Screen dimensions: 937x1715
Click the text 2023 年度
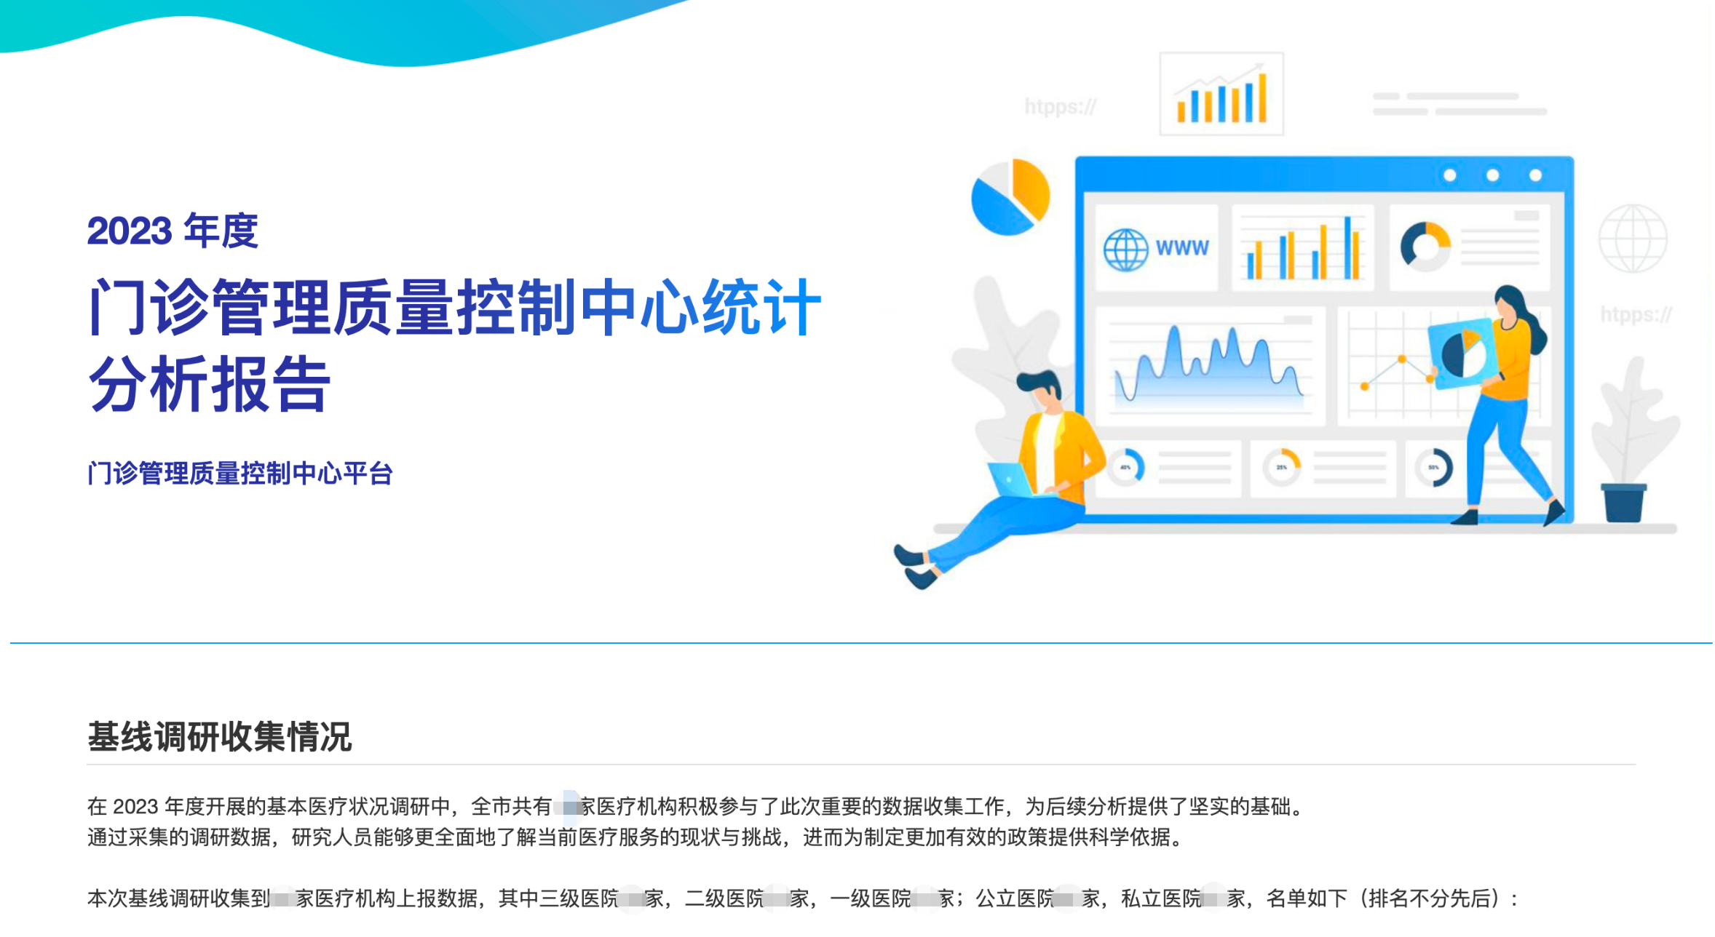click(x=173, y=231)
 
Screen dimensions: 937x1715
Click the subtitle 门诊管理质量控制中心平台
click(x=240, y=474)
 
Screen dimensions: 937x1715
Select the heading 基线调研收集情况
click(x=219, y=736)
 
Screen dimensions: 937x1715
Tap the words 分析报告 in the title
click(x=210, y=385)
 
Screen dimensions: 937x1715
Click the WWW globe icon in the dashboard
click(x=1125, y=250)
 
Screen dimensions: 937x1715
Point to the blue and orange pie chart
click(x=1010, y=196)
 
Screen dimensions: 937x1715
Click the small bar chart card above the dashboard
click(x=1221, y=94)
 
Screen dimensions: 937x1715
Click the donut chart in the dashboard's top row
click(x=1425, y=246)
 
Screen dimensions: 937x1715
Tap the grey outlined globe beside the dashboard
click(x=1633, y=239)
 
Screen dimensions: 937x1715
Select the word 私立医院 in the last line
click(x=1161, y=899)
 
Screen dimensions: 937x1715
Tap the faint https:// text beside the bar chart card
click(x=1060, y=107)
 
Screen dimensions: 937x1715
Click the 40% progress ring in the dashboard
click(x=1126, y=467)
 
